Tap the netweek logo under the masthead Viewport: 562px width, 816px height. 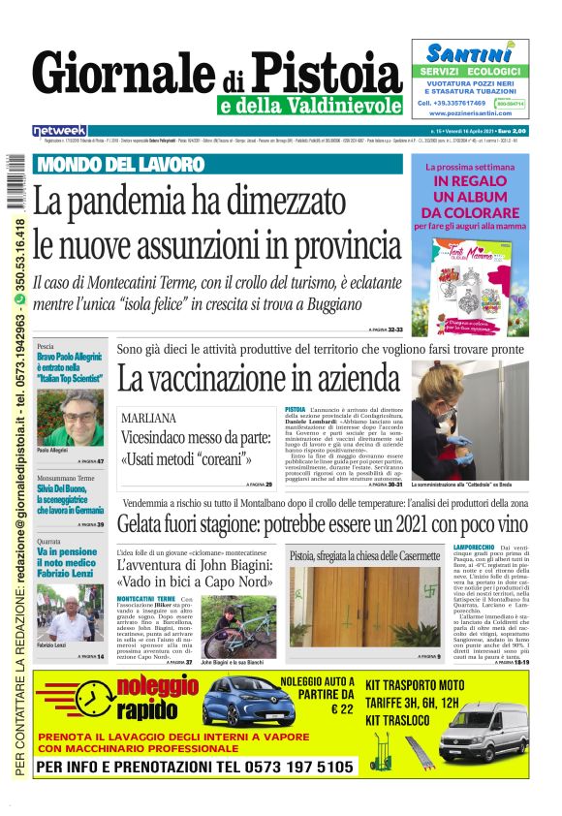tap(60, 131)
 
